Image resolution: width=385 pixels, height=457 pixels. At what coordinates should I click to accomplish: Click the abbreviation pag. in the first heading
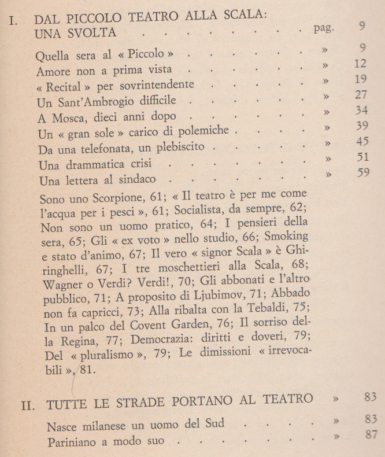[x=323, y=28]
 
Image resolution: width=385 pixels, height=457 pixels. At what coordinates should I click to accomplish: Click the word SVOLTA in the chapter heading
[x=91, y=32]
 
